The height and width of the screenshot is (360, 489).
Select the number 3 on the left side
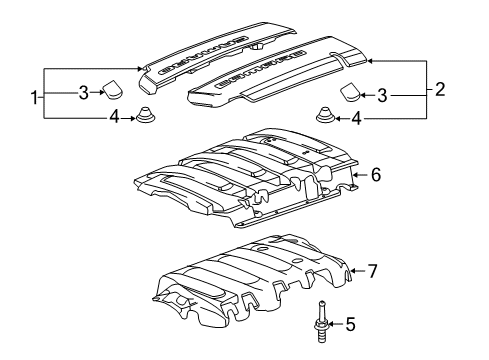[84, 94]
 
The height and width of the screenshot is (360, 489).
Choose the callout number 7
[371, 270]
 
